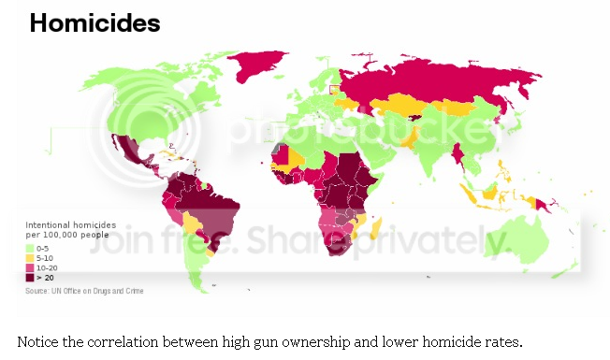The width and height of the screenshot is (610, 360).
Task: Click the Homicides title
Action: (x=94, y=22)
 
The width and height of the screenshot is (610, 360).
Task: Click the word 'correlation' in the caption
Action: (x=119, y=340)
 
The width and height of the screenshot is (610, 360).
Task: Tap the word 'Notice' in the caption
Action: (x=35, y=340)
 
